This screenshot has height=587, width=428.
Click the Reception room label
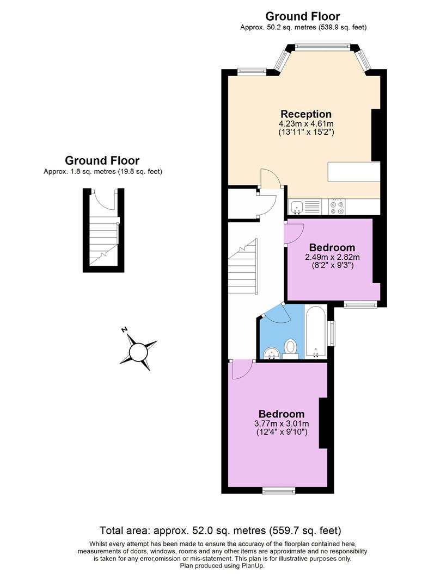pos(305,114)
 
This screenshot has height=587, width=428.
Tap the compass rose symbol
pos(138,351)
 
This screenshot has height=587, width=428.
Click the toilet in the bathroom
pos(291,348)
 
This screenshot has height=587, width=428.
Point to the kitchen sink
pos(297,207)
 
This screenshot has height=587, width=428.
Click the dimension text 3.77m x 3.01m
pos(282,424)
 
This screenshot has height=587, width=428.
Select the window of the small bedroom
pos(360,305)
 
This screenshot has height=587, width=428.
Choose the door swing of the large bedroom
pos(241,370)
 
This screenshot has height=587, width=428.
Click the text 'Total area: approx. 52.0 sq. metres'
pos(220,530)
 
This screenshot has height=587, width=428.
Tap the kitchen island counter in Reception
pos(353,172)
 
